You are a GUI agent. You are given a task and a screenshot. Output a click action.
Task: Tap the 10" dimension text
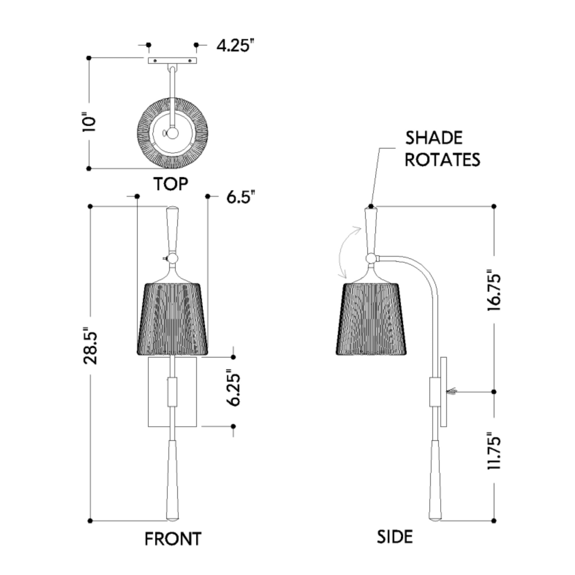click(89, 122)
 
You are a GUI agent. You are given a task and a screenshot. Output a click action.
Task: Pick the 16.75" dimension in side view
click(494, 290)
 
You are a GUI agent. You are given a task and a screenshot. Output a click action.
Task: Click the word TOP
click(171, 184)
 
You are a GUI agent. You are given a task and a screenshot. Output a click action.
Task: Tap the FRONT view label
click(173, 539)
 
